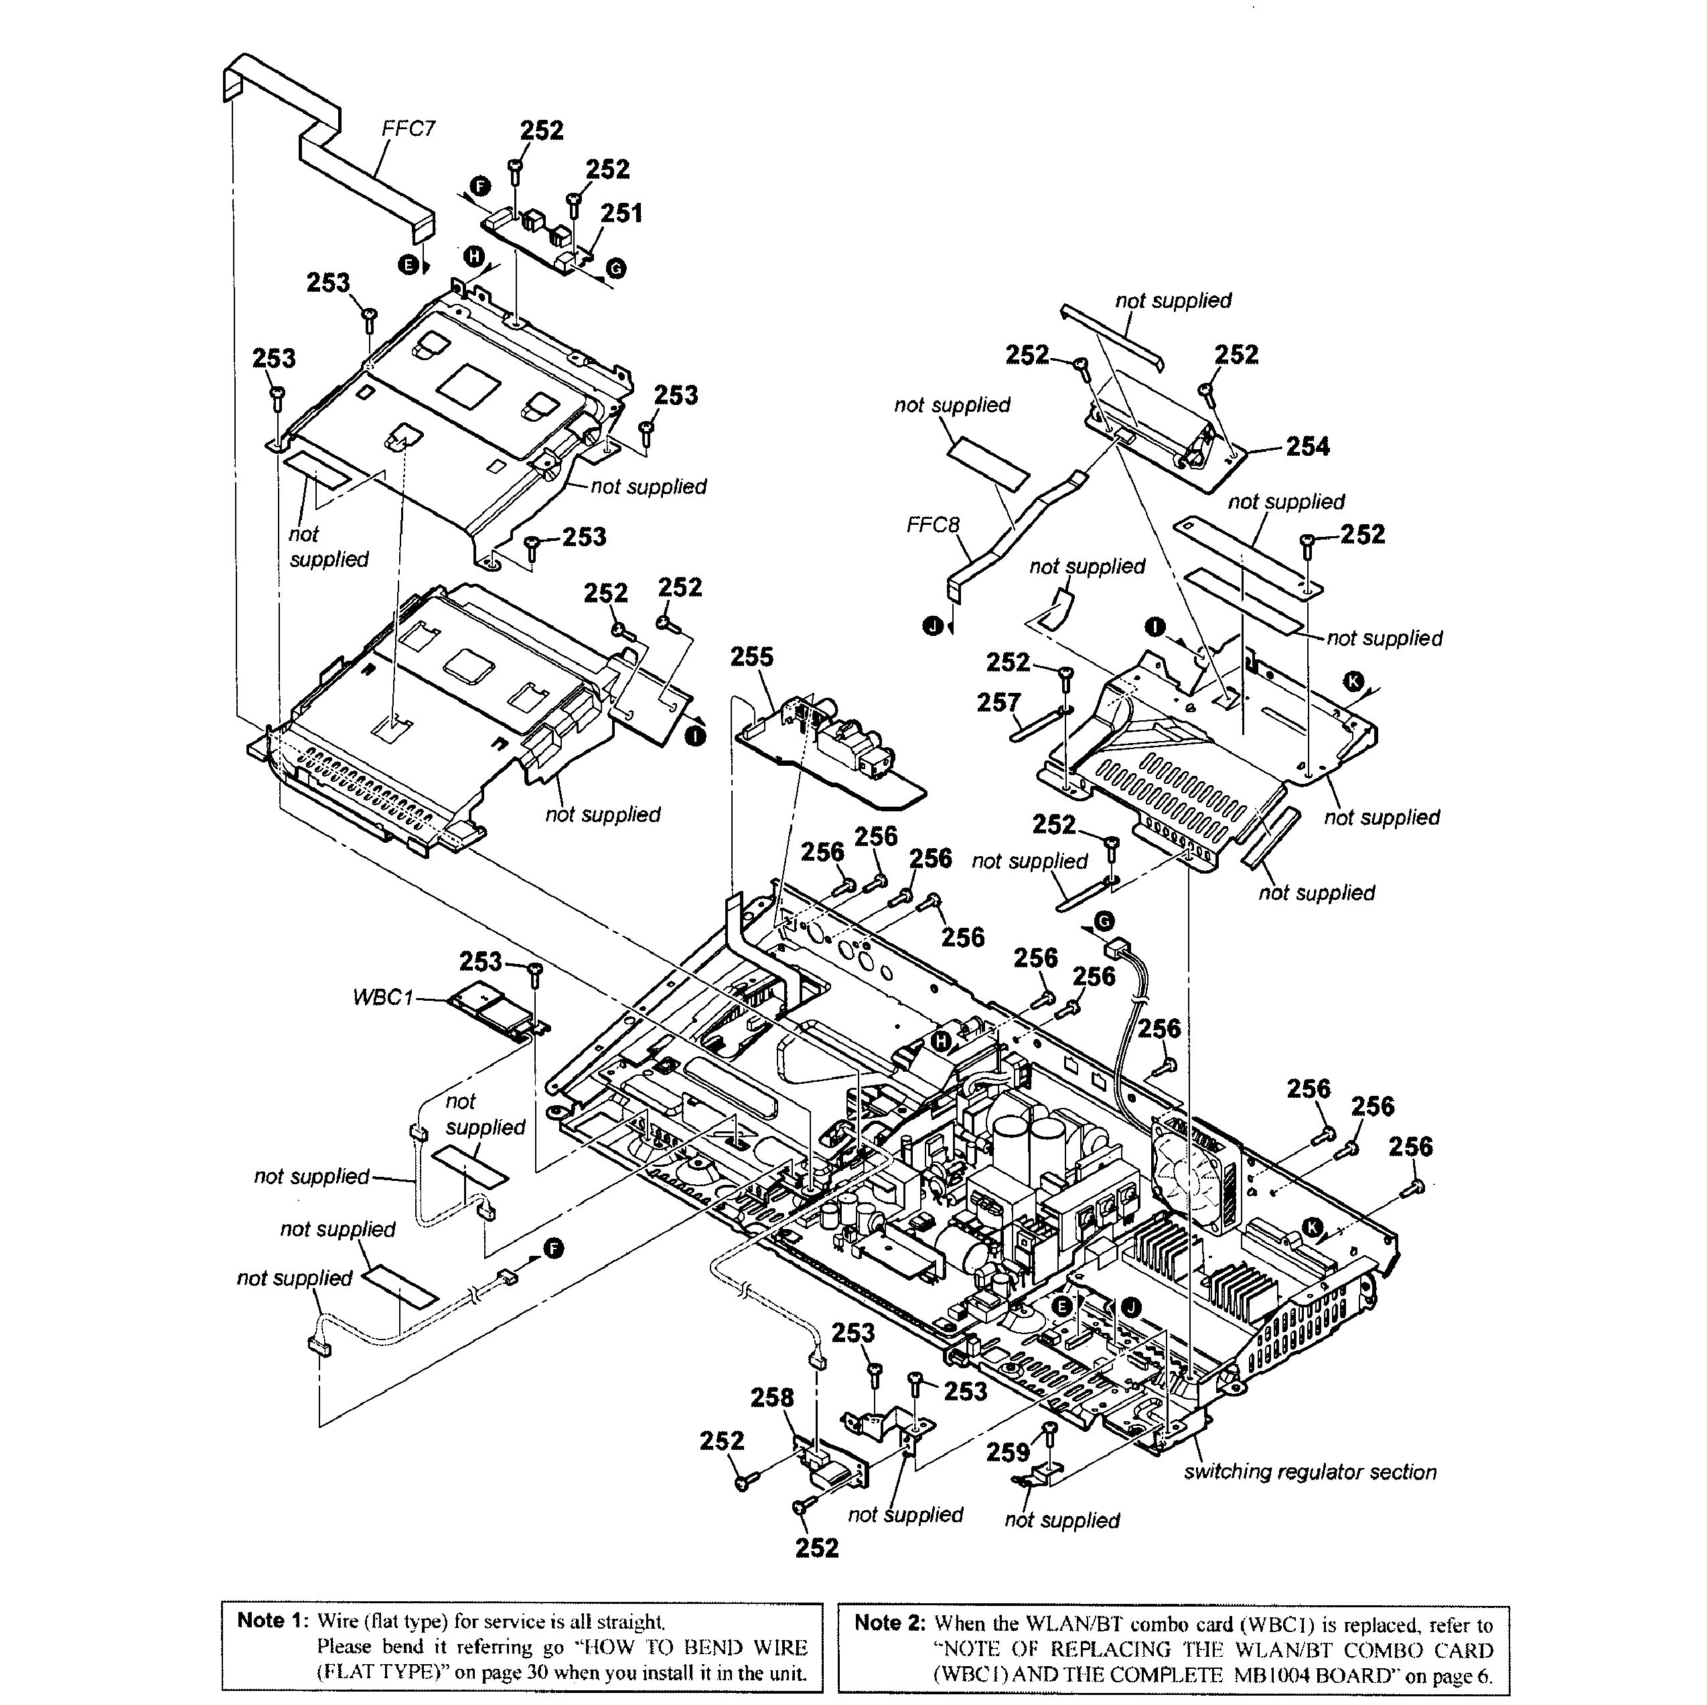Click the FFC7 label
click(409, 129)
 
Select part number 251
click(621, 214)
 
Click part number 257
click(998, 703)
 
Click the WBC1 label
click(382, 997)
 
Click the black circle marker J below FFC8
click(932, 627)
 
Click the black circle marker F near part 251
click(479, 185)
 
